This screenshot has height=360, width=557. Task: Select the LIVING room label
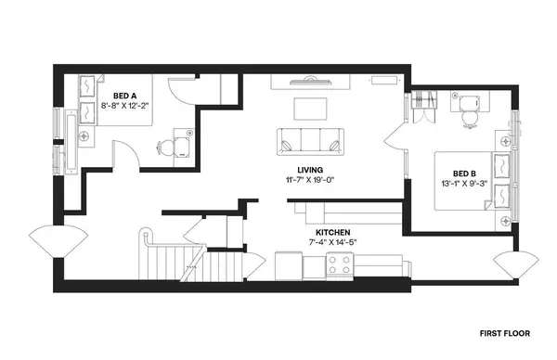tap(310, 170)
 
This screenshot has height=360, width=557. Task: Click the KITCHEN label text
tap(332, 232)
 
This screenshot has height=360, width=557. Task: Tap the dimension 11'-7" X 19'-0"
tap(310, 181)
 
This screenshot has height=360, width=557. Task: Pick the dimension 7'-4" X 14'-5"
tap(332, 243)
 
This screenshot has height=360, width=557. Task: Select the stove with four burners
tap(338, 267)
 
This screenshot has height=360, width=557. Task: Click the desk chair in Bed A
tap(167, 146)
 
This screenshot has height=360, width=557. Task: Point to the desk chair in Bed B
tap(469, 118)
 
